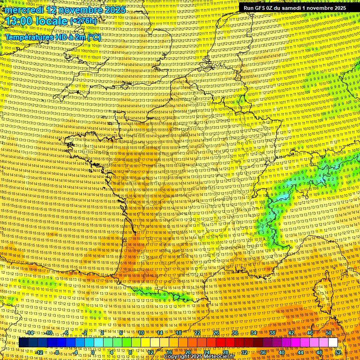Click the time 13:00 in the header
pyautogui.click(x=19, y=21)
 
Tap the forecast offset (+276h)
pyautogui.click(x=84, y=22)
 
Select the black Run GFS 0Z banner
pyautogui.click(x=294, y=8)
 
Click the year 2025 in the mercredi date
pyautogui.click(x=114, y=10)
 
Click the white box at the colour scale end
pyautogui.click(x=333, y=343)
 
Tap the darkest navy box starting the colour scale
pyautogui.click(x=23, y=343)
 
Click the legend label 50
pyautogui.click(x=329, y=333)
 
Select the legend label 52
pyautogui.click(x=338, y=352)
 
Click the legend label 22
pyautogui.click(x=197, y=333)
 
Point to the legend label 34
pyautogui.click(x=254, y=333)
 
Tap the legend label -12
pyautogui.click(x=39, y=352)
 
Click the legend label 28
pyautogui.click(x=225, y=352)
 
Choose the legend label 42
pyautogui.click(x=291, y=333)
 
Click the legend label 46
pyautogui.click(x=310, y=333)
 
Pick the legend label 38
pyautogui.click(x=272, y=333)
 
